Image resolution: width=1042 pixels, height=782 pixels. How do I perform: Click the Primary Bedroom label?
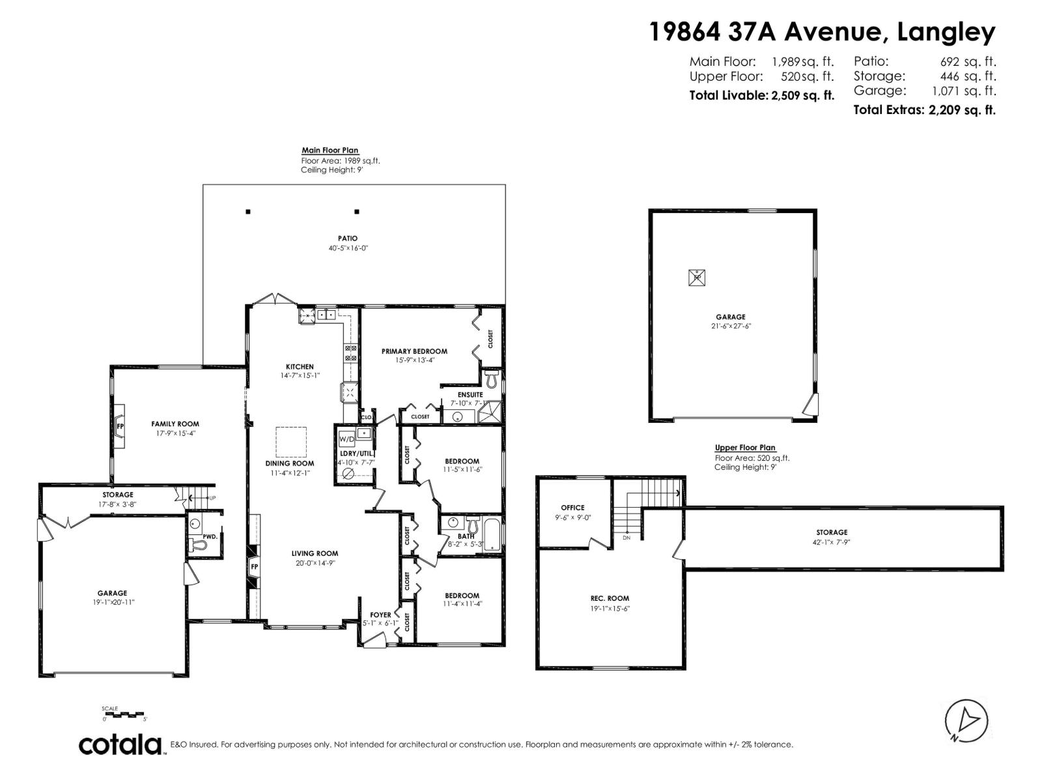414,351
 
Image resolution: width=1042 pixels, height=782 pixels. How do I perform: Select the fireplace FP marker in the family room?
120,426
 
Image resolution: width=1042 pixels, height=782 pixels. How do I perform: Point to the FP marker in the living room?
255,566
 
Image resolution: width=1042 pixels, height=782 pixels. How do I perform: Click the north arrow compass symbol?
966,720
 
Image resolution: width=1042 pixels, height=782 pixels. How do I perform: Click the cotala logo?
120,744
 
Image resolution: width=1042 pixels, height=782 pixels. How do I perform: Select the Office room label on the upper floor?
572,508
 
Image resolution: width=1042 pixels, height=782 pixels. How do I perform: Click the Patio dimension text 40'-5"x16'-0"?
348,248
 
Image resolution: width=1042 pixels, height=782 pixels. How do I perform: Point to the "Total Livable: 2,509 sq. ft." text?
761,95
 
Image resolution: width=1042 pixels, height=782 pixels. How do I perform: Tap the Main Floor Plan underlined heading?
330,151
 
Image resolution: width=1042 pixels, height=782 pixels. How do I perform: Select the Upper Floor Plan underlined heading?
745,448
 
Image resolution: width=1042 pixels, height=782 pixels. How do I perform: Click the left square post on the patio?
248,212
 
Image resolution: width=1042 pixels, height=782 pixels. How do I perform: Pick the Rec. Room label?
610,598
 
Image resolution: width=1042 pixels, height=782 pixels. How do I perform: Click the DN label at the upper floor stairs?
626,538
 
